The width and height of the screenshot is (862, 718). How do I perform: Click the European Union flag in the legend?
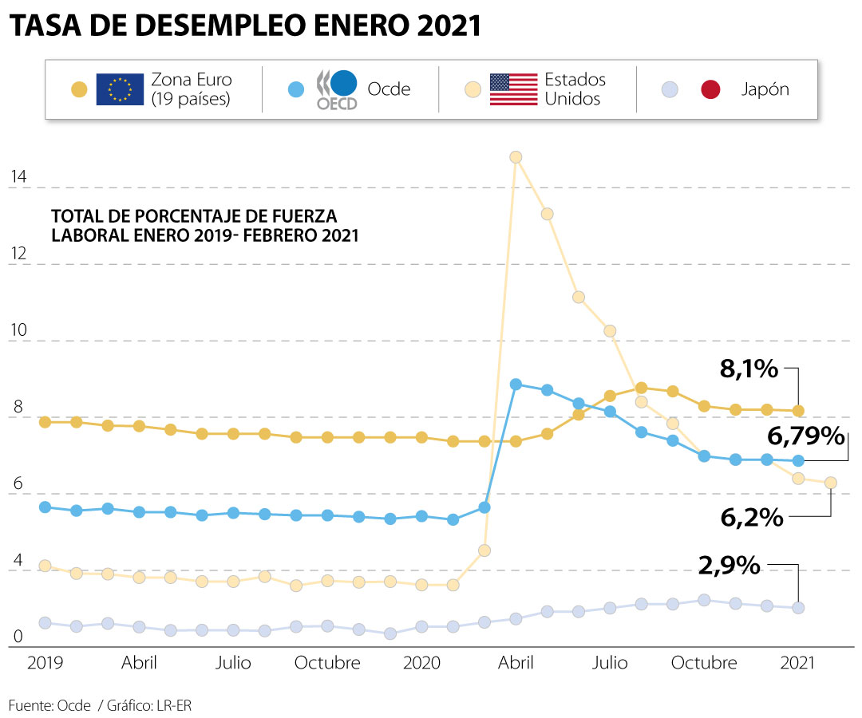120,89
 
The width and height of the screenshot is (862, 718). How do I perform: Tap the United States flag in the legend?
513,89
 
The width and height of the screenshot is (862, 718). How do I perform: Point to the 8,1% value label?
748,369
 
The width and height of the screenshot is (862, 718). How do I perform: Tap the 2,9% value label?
729,566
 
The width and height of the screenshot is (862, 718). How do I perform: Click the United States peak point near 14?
516,157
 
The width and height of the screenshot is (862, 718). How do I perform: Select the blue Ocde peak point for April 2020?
516,385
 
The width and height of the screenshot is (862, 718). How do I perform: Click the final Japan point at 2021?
797,608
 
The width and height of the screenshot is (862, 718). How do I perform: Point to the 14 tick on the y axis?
18,177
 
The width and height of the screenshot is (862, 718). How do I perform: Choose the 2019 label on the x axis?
45,663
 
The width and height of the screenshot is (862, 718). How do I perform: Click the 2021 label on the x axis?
797,663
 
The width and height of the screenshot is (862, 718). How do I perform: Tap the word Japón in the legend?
765,89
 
